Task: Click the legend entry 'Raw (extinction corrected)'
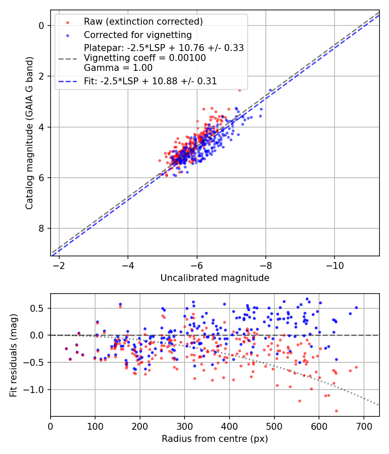[x=143, y=22]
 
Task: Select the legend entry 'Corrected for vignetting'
[x=137, y=35]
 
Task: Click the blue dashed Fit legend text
[x=150, y=81]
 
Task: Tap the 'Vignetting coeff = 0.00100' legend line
[x=145, y=58]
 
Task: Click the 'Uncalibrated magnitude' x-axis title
[x=215, y=278]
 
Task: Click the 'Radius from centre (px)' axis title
[x=215, y=439]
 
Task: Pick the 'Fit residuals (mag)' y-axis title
[x=13, y=355]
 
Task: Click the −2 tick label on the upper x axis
[x=59, y=265]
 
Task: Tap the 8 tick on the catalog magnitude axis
[x=42, y=228]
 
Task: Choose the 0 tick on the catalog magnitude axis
[x=42, y=26]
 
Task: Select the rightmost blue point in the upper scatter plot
[x=271, y=90]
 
